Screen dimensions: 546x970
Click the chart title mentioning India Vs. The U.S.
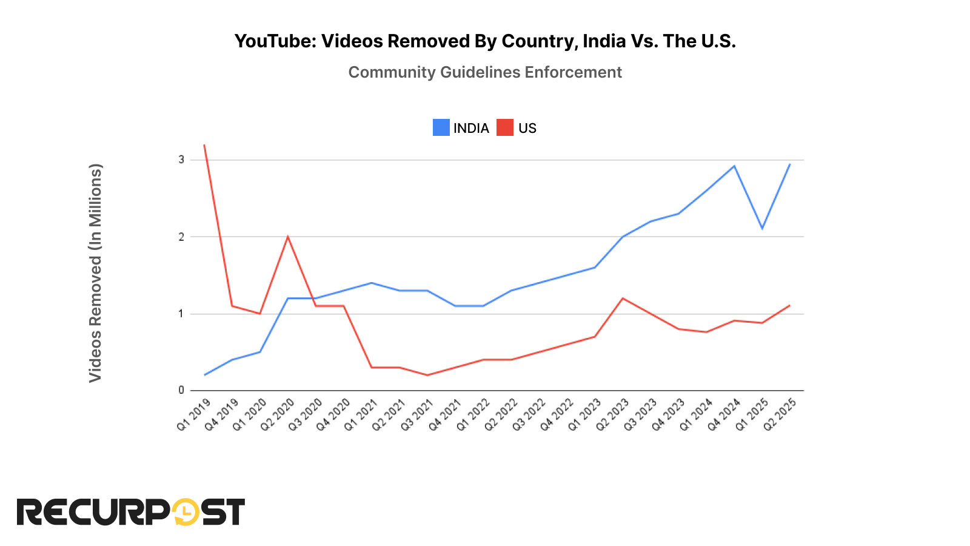click(x=485, y=41)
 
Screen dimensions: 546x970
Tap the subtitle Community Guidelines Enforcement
click(x=485, y=72)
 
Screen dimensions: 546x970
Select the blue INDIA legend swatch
click(x=441, y=128)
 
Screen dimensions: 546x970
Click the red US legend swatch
click(x=504, y=128)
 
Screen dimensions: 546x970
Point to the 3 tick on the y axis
click(x=181, y=160)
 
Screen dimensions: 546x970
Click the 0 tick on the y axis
click(x=181, y=390)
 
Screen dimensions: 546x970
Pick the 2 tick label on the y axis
click(x=181, y=237)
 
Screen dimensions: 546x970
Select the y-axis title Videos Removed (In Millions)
click(x=95, y=273)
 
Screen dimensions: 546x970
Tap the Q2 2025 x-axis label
click(x=780, y=414)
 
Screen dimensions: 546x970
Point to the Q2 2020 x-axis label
click(x=278, y=414)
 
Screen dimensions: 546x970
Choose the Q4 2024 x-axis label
click(x=724, y=414)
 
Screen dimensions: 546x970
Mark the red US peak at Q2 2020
click(x=288, y=237)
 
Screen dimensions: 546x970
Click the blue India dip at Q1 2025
click(x=762, y=228)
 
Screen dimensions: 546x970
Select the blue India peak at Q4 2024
click(x=734, y=166)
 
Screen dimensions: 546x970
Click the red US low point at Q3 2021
click(x=427, y=375)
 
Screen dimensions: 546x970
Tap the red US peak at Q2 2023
click(x=623, y=298)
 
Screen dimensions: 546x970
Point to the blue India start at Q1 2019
click(x=205, y=375)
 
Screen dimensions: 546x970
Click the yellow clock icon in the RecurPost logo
click(x=186, y=513)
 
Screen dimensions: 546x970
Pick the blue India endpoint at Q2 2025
click(x=789, y=164)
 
